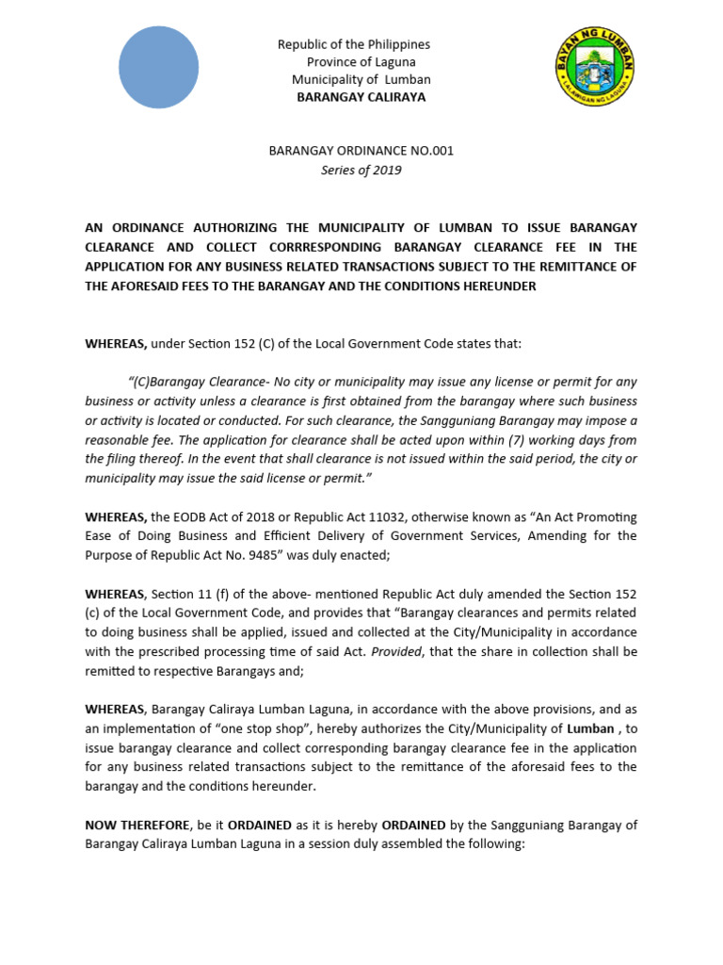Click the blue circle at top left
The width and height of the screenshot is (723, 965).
pos(158,67)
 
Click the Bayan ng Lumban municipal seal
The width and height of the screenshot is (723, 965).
pos(594,69)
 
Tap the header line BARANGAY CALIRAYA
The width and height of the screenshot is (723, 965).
pos(361,97)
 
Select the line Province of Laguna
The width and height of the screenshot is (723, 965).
pos(353,61)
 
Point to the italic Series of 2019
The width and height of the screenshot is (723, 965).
pos(362,170)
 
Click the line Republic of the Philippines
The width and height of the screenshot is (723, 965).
pos(353,44)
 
